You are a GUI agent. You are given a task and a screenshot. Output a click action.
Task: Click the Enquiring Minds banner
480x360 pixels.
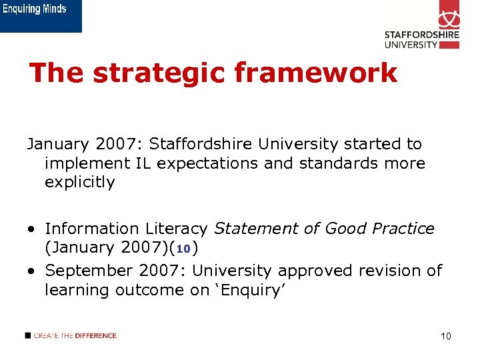(41, 15)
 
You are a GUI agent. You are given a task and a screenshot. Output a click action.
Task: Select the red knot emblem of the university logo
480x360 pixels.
(449, 15)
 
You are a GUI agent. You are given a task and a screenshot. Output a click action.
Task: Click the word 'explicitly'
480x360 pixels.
(80, 182)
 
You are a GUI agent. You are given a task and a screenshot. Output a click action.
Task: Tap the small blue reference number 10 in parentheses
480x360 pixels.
(184, 249)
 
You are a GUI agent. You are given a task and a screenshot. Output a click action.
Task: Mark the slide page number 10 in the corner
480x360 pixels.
(446, 336)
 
